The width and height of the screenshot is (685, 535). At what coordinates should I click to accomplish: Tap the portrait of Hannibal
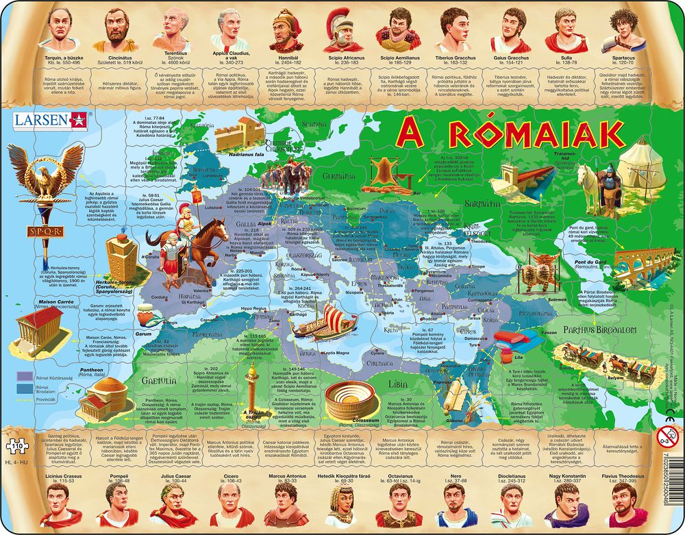(x=286, y=29)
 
